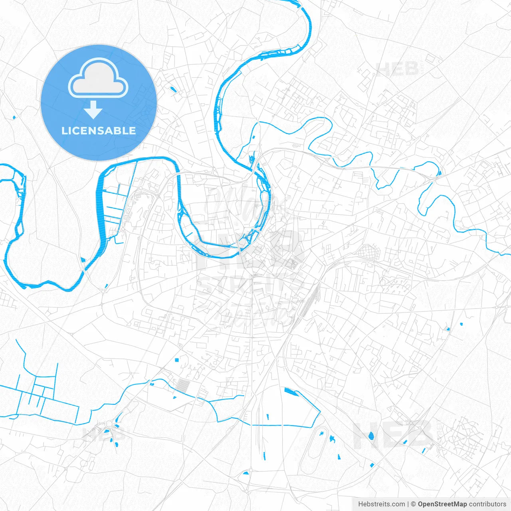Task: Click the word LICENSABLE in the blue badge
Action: point(99,131)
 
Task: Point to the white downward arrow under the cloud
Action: point(93,110)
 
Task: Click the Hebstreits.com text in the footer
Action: point(381,504)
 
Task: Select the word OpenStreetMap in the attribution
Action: point(442,504)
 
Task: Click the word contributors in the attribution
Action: point(487,504)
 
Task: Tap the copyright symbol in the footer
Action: point(414,504)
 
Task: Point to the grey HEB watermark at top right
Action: point(398,69)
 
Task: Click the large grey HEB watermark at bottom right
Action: point(393,435)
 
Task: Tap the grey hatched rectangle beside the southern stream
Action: point(183,385)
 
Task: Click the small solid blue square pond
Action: point(176,360)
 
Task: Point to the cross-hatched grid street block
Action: point(366,252)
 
